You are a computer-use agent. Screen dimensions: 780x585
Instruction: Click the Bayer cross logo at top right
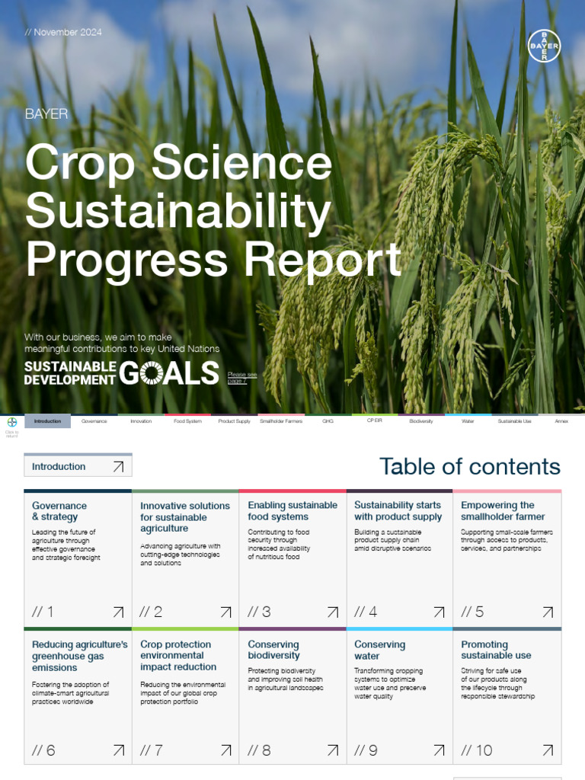[544, 46]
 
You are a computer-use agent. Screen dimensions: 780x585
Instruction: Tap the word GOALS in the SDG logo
[169, 373]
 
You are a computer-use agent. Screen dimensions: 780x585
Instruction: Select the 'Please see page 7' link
[242, 378]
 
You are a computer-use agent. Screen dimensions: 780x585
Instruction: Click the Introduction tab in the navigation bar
[47, 421]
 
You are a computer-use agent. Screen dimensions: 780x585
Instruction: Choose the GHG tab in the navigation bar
[328, 421]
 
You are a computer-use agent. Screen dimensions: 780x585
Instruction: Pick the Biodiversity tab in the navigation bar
[420, 421]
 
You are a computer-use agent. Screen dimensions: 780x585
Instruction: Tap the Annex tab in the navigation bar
[561, 421]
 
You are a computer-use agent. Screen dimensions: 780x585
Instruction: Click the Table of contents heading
[469, 466]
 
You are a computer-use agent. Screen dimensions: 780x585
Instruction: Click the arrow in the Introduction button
[118, 467]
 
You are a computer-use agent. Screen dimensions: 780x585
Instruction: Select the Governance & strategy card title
[59, 511]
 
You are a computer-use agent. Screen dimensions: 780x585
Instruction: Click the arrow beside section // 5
[548, 612]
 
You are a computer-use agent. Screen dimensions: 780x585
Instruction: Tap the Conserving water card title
[379, 650]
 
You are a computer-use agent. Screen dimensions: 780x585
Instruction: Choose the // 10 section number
[477, 750]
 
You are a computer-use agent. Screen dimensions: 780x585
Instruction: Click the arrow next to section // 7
[225, 750]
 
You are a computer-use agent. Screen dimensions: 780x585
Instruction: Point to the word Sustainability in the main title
[177, 212]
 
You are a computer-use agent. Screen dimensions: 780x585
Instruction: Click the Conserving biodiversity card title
[273, 650]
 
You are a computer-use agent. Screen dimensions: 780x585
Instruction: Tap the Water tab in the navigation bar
[468, 421]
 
